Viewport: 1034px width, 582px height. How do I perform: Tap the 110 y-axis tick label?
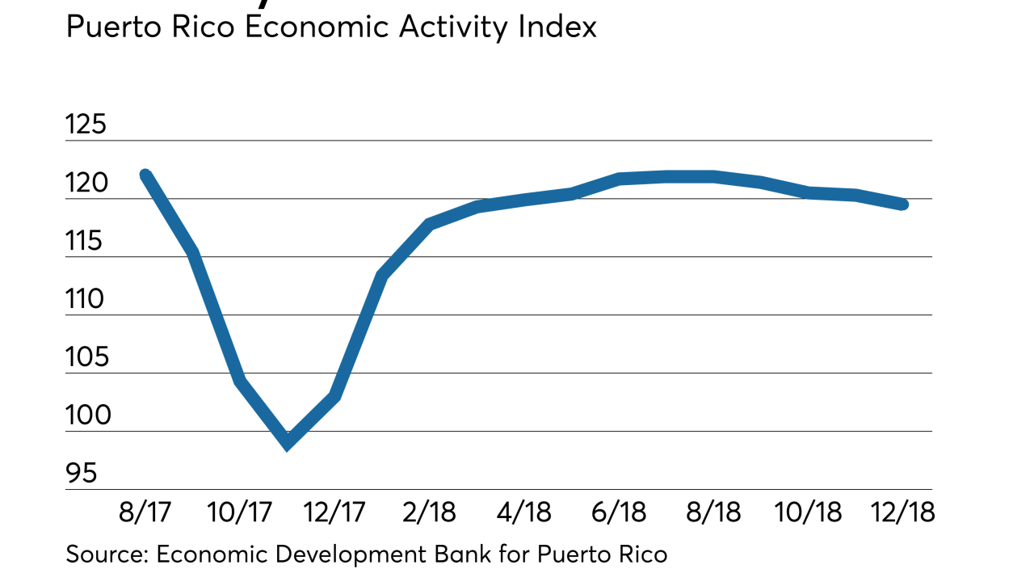[86, 300]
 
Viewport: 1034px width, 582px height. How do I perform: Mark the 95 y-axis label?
[81, 474]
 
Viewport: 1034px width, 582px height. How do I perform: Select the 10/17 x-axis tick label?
[239, 512]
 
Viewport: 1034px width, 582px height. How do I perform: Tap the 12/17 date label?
[334, 512]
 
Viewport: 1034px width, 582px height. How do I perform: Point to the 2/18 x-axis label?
[429, 512]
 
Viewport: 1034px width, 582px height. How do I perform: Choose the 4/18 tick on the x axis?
[523, 512]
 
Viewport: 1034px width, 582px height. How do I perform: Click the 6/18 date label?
[619, 512]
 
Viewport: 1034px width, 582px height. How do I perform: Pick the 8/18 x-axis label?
[713, 512]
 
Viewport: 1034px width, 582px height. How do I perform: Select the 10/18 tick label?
[808, 512]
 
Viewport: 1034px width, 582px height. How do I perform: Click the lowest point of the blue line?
[288, 443]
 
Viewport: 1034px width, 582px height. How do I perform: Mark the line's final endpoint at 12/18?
[903, 205]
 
